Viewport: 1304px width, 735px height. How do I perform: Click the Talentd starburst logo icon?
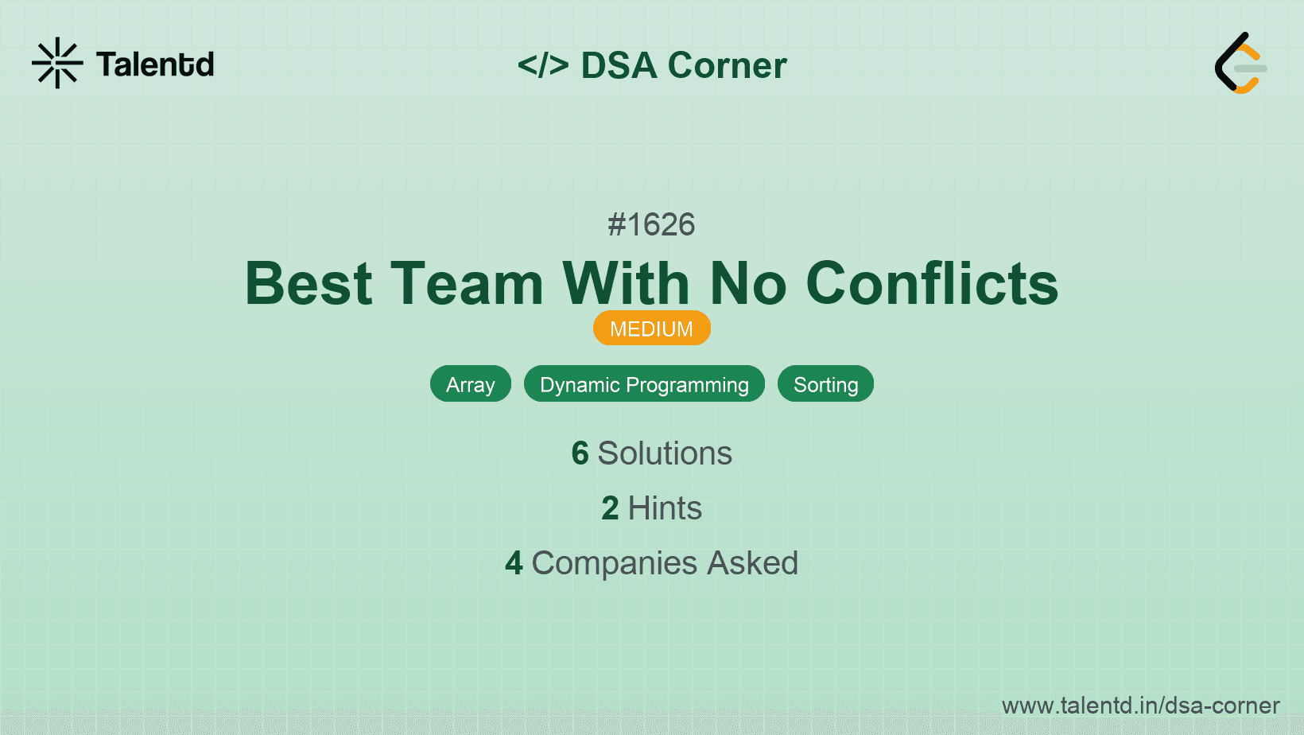point(57,63)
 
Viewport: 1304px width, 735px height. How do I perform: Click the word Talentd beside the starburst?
point(155,64)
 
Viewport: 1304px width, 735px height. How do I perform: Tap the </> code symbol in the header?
point(543,64)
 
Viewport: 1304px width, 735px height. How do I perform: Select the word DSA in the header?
point(619,64)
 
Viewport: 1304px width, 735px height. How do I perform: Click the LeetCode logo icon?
point(1240,63)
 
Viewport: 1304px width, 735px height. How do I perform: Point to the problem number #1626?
point(651,224)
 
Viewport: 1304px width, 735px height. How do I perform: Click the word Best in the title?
point(309,284)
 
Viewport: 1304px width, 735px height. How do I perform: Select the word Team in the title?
point(467,284)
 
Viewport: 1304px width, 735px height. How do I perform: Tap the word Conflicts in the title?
point(932,283)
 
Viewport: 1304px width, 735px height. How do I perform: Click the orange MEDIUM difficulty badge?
point(652,329)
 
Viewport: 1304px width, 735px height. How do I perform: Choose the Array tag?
point(471,384)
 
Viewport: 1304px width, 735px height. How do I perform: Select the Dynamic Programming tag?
point(644,384)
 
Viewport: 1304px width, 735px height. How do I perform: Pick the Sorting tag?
point(825,384)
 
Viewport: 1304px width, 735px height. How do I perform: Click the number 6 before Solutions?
point(580,453)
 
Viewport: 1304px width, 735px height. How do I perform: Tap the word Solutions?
point(665,453)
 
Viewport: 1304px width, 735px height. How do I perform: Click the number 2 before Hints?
point(610,507)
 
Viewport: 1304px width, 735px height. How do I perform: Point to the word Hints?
point(665,507)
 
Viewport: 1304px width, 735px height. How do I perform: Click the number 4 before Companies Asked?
point(514,563)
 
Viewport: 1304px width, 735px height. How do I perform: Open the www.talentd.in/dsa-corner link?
point(1140,706)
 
